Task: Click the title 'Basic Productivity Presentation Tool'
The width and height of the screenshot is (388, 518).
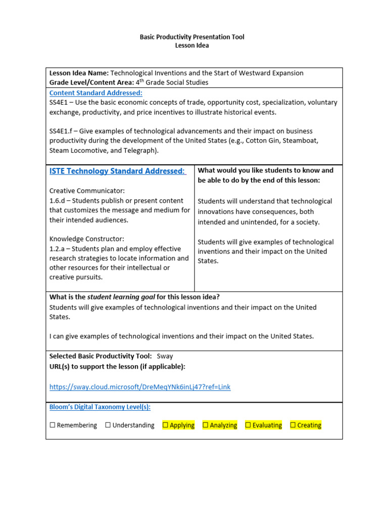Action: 191,37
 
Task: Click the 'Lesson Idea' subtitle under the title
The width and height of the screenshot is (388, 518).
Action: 191,46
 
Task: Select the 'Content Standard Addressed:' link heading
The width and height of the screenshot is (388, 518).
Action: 95,93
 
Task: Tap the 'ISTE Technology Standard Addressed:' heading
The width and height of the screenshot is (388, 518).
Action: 117,171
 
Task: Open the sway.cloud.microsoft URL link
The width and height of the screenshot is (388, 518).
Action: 139,387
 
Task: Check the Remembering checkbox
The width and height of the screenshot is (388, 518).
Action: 53,425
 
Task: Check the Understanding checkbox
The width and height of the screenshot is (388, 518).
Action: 108,425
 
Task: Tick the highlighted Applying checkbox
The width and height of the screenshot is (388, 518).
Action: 165,425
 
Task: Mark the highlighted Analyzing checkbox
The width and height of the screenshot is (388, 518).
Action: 206,425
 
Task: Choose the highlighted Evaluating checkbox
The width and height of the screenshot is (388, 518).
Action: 248,425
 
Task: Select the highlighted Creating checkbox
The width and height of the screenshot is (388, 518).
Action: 293,425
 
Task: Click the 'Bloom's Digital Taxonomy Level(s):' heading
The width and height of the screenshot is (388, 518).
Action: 100,407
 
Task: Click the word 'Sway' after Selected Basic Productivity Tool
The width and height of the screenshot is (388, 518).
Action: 165,356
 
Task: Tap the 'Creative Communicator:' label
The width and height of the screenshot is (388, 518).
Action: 87,191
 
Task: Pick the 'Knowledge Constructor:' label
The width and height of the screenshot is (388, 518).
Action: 86,239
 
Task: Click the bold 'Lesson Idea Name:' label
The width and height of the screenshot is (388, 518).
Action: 79,73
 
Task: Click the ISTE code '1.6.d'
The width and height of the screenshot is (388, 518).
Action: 58,200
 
